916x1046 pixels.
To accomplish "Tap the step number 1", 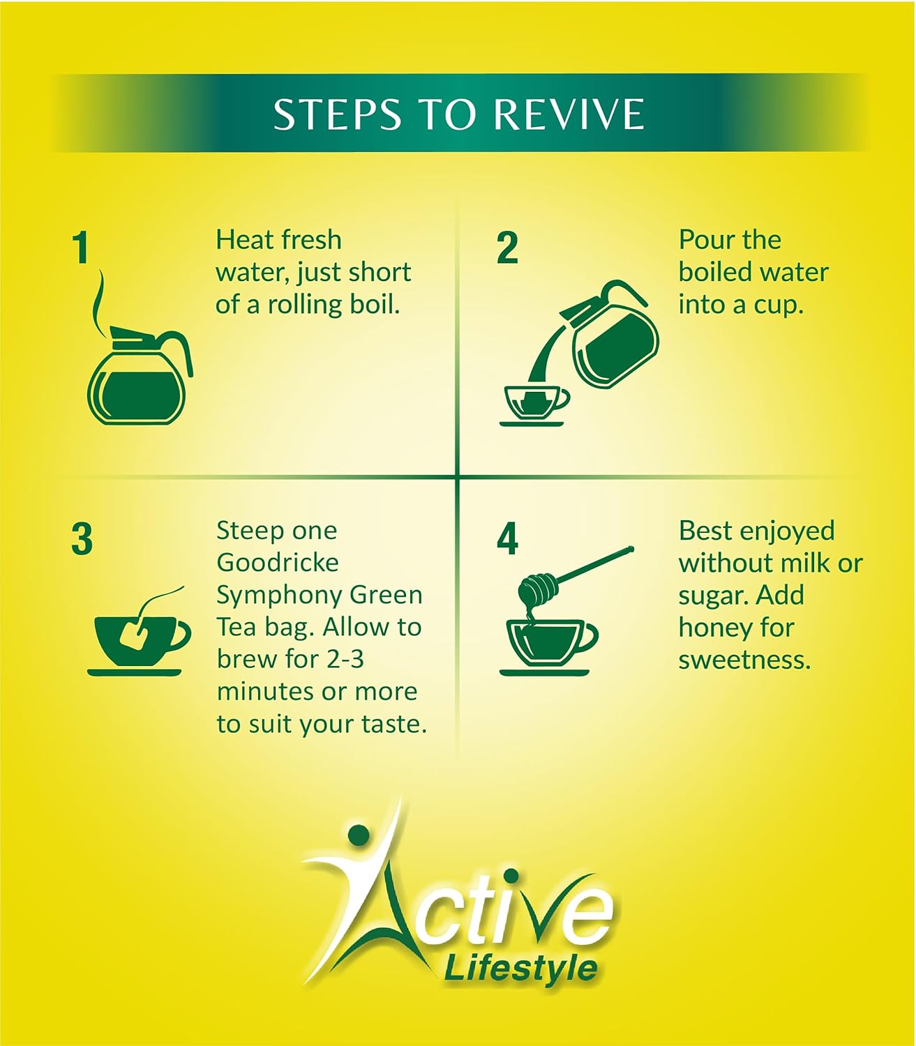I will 82,249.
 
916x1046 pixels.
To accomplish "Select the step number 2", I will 507,249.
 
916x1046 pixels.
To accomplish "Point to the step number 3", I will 82,540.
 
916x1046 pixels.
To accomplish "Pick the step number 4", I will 507,540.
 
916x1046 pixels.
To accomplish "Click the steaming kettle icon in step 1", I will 138,377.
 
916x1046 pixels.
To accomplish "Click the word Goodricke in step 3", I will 278,562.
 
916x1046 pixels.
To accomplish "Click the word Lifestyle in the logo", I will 520,969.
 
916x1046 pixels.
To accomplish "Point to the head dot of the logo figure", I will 358,834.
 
